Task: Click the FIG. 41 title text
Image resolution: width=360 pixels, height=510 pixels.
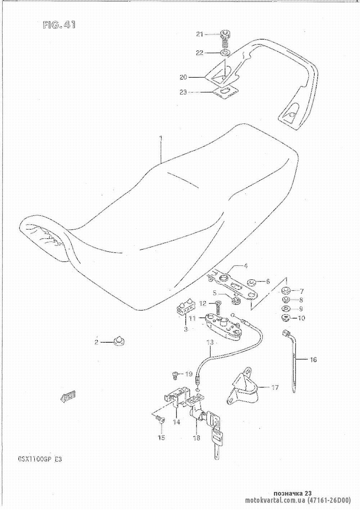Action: click(59, 25)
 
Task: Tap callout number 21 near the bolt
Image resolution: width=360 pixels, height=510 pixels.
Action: click(200, 34)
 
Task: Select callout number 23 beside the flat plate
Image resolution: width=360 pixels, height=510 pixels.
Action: click(184, 92)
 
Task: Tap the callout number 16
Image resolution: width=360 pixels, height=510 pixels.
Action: click(313, 359)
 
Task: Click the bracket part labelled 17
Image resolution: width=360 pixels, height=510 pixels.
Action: click(243, 389)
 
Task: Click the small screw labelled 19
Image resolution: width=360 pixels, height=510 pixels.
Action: click(175, 375)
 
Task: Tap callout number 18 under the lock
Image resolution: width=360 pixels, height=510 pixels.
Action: click(197, 438)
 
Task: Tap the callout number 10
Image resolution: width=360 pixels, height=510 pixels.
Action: click(301, 318)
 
